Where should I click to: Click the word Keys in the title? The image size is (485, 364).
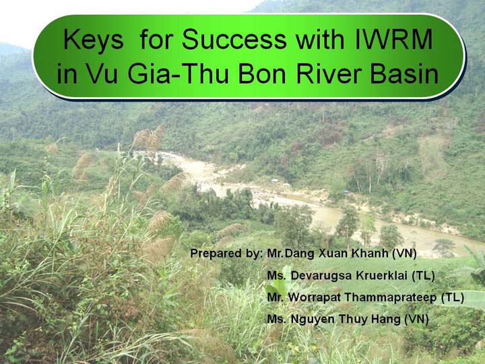(94, 40)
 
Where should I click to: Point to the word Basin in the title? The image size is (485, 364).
(405, 74)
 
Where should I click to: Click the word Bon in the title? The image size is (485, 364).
(262, 74)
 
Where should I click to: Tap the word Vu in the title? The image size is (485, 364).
(102, 74)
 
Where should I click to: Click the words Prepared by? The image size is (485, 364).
(226, 253)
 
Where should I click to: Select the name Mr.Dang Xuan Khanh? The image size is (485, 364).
(327, 253)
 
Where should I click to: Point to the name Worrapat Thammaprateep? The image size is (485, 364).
(362, 297)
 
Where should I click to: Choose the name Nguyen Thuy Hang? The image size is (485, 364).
(346, 320)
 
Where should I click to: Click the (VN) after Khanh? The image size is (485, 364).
(404, 253)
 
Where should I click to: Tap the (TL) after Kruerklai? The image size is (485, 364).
(423, 276)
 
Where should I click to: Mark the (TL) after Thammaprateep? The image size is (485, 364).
(452, 297)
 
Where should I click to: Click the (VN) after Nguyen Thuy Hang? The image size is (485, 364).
(416, 320)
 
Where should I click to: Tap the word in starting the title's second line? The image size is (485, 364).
(67, 74)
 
